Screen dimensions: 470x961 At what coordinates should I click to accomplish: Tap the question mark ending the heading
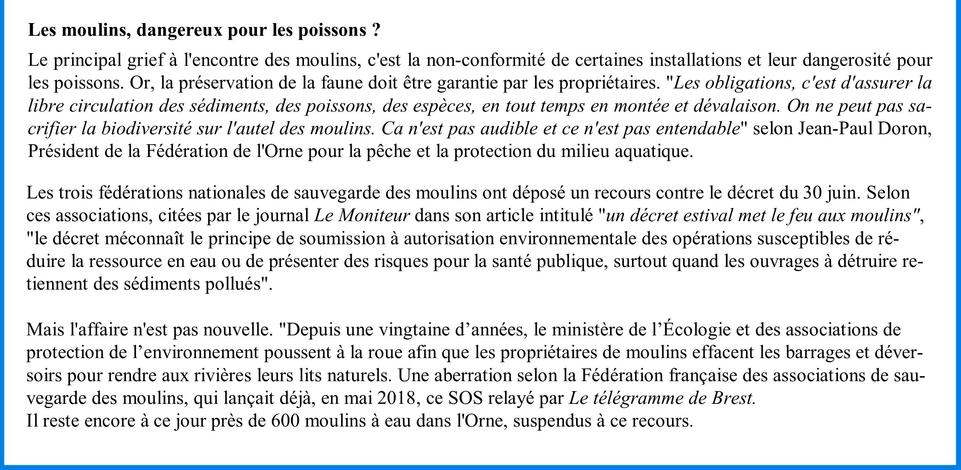tap(376, 30)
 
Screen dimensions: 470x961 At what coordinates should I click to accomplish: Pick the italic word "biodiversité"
tap(146, 129)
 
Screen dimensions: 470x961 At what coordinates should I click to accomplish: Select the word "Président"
tap(62, 152)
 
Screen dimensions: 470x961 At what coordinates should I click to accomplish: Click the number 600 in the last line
tap(285, 421)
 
